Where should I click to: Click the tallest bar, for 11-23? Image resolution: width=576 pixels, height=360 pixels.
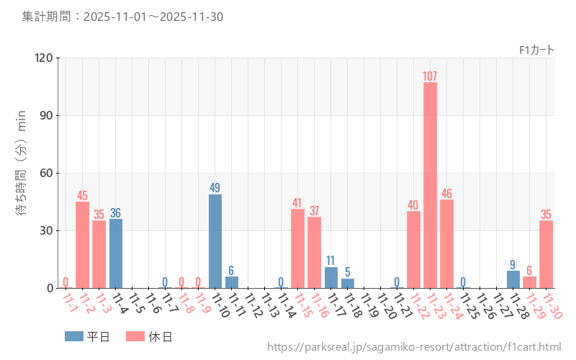click(x=430, y=185)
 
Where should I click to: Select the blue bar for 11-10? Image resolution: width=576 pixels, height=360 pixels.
click(x=215, y=241)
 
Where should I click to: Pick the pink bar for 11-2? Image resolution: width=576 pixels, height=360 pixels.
click(x=83, y=245)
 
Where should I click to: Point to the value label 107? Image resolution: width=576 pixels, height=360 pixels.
click(x=430, y=76)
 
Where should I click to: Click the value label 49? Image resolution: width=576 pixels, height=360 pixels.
click(x=215, y=188)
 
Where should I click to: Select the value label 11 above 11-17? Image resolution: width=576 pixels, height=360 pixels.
click(x=330, y=261)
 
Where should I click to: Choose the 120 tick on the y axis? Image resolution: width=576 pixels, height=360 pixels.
click(x=44, y=58)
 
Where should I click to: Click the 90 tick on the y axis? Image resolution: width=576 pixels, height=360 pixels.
click(x=47, y=116)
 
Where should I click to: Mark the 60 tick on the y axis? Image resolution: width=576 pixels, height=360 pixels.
click(x=47, y=174)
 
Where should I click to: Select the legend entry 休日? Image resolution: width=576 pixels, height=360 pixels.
click(x=148, y=336)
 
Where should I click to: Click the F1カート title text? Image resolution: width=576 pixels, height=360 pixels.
click(x=536, y=50)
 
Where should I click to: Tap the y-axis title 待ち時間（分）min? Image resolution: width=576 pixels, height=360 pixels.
click(x=22, y=163)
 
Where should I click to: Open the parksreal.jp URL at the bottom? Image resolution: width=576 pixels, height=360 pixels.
click(x=414, y=347)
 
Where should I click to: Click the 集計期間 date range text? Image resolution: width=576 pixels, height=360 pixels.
click(x=122, y=16)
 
